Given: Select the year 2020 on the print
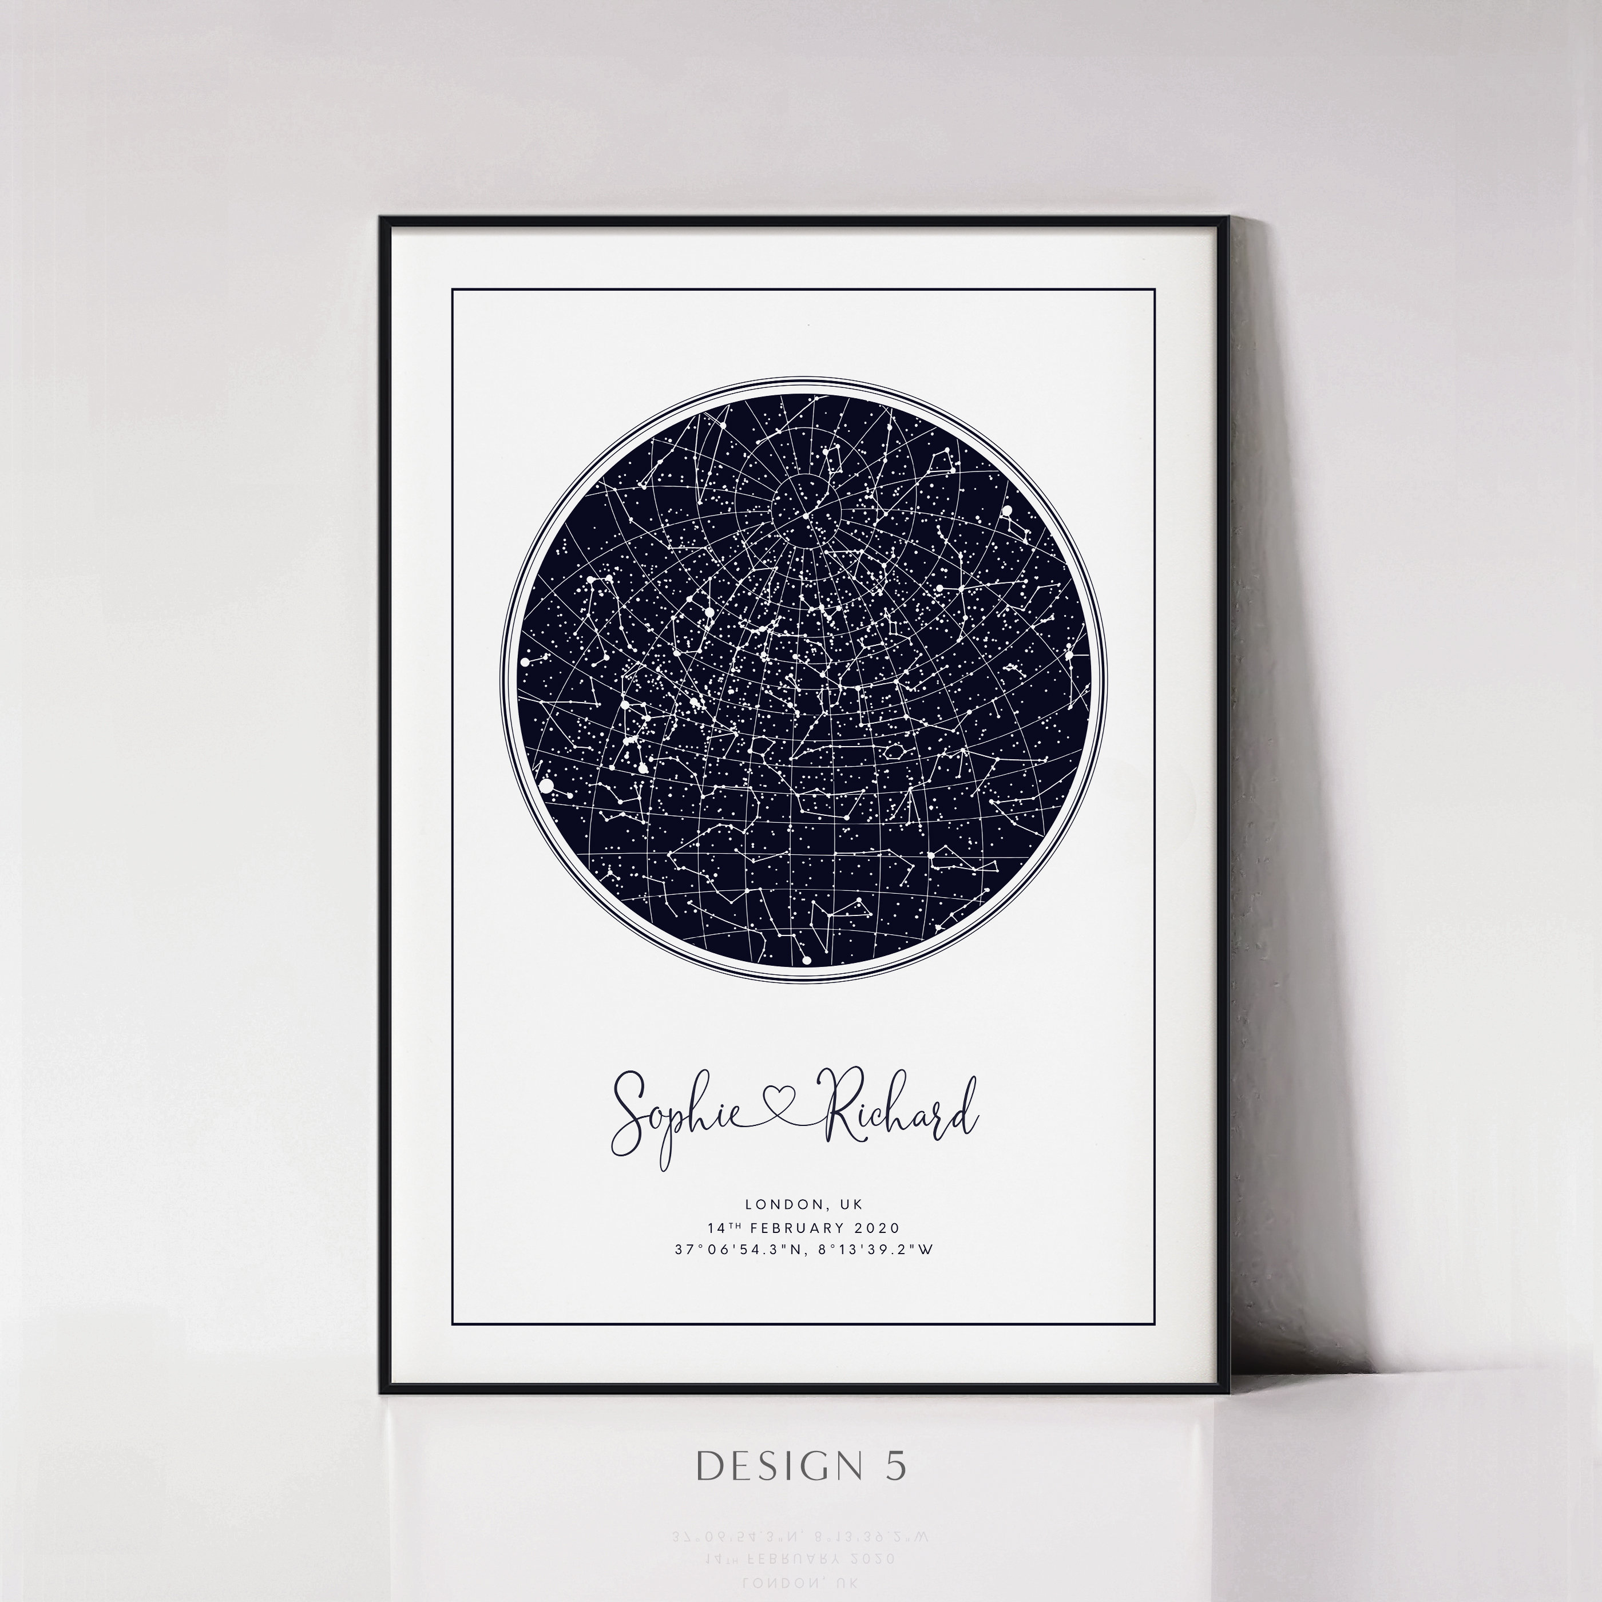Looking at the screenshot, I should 877,1228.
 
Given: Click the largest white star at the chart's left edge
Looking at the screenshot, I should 546,784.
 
